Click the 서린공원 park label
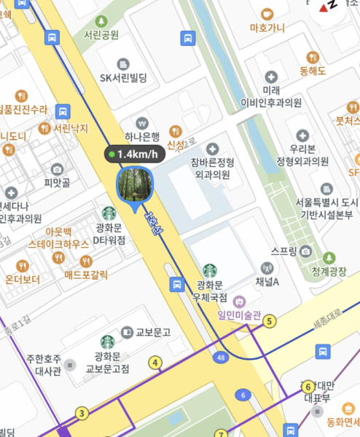101,34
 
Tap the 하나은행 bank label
142,136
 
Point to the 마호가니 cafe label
267,28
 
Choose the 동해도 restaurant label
313,71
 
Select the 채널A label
268,281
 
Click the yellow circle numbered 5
270,320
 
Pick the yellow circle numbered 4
154,362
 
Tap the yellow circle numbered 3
82,414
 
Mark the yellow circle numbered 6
308,386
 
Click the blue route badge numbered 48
221,358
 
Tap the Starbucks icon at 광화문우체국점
210,270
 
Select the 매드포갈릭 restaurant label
86,275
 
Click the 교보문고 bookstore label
152,332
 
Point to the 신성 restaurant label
176,145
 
